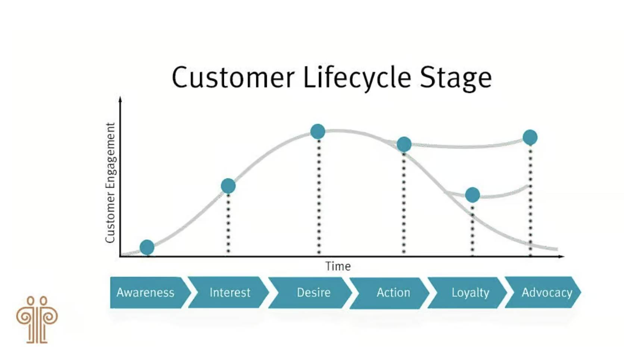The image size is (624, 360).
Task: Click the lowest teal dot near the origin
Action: [x=147, y=247]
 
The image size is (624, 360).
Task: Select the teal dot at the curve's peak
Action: [x=318, y=131]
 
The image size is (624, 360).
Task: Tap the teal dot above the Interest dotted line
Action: [x=228, y=186]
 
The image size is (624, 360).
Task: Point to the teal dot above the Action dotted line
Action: [x=404, y=144]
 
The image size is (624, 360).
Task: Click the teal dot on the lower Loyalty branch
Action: [x=472, y=195]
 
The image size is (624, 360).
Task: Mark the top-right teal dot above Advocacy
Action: [x=530, y=137]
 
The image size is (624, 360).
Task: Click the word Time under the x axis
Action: [x=338, y=266]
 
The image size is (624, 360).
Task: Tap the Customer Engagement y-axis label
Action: [x=110, y=183]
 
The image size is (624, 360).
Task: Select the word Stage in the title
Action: [x=456, y=78]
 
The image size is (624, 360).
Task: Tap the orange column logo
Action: [x=37, y=320]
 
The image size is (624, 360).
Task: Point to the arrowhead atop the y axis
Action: [x=120, y=99]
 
